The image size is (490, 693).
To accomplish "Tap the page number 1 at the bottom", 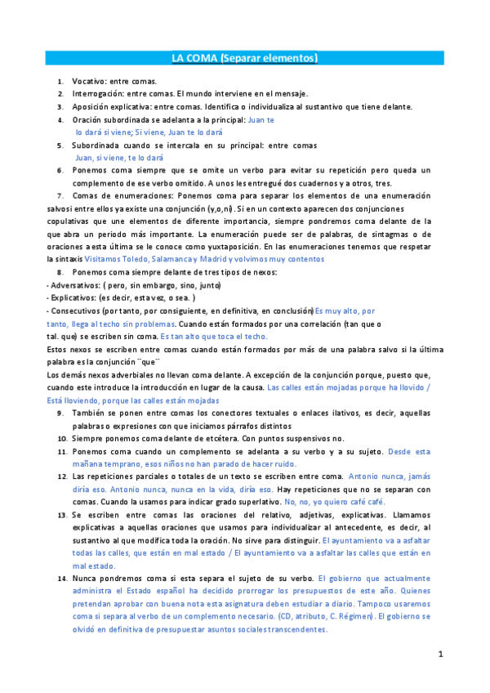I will point(440,654).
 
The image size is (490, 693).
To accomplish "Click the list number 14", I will point(62,579).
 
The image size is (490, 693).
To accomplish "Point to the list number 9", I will point(61,414).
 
